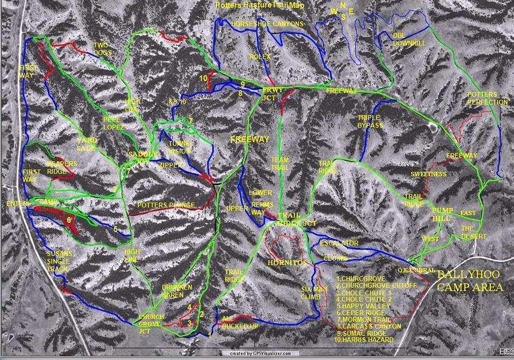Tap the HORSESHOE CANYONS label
[267, 24]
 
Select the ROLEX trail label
[259, 56]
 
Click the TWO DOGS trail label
[102, 49]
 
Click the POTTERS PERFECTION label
[487, 99]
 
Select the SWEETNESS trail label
[428, 175]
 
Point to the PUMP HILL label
[441, 213]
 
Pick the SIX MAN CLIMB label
[313, 293]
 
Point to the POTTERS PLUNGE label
[165, 205]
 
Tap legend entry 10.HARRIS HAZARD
[364, 339]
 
